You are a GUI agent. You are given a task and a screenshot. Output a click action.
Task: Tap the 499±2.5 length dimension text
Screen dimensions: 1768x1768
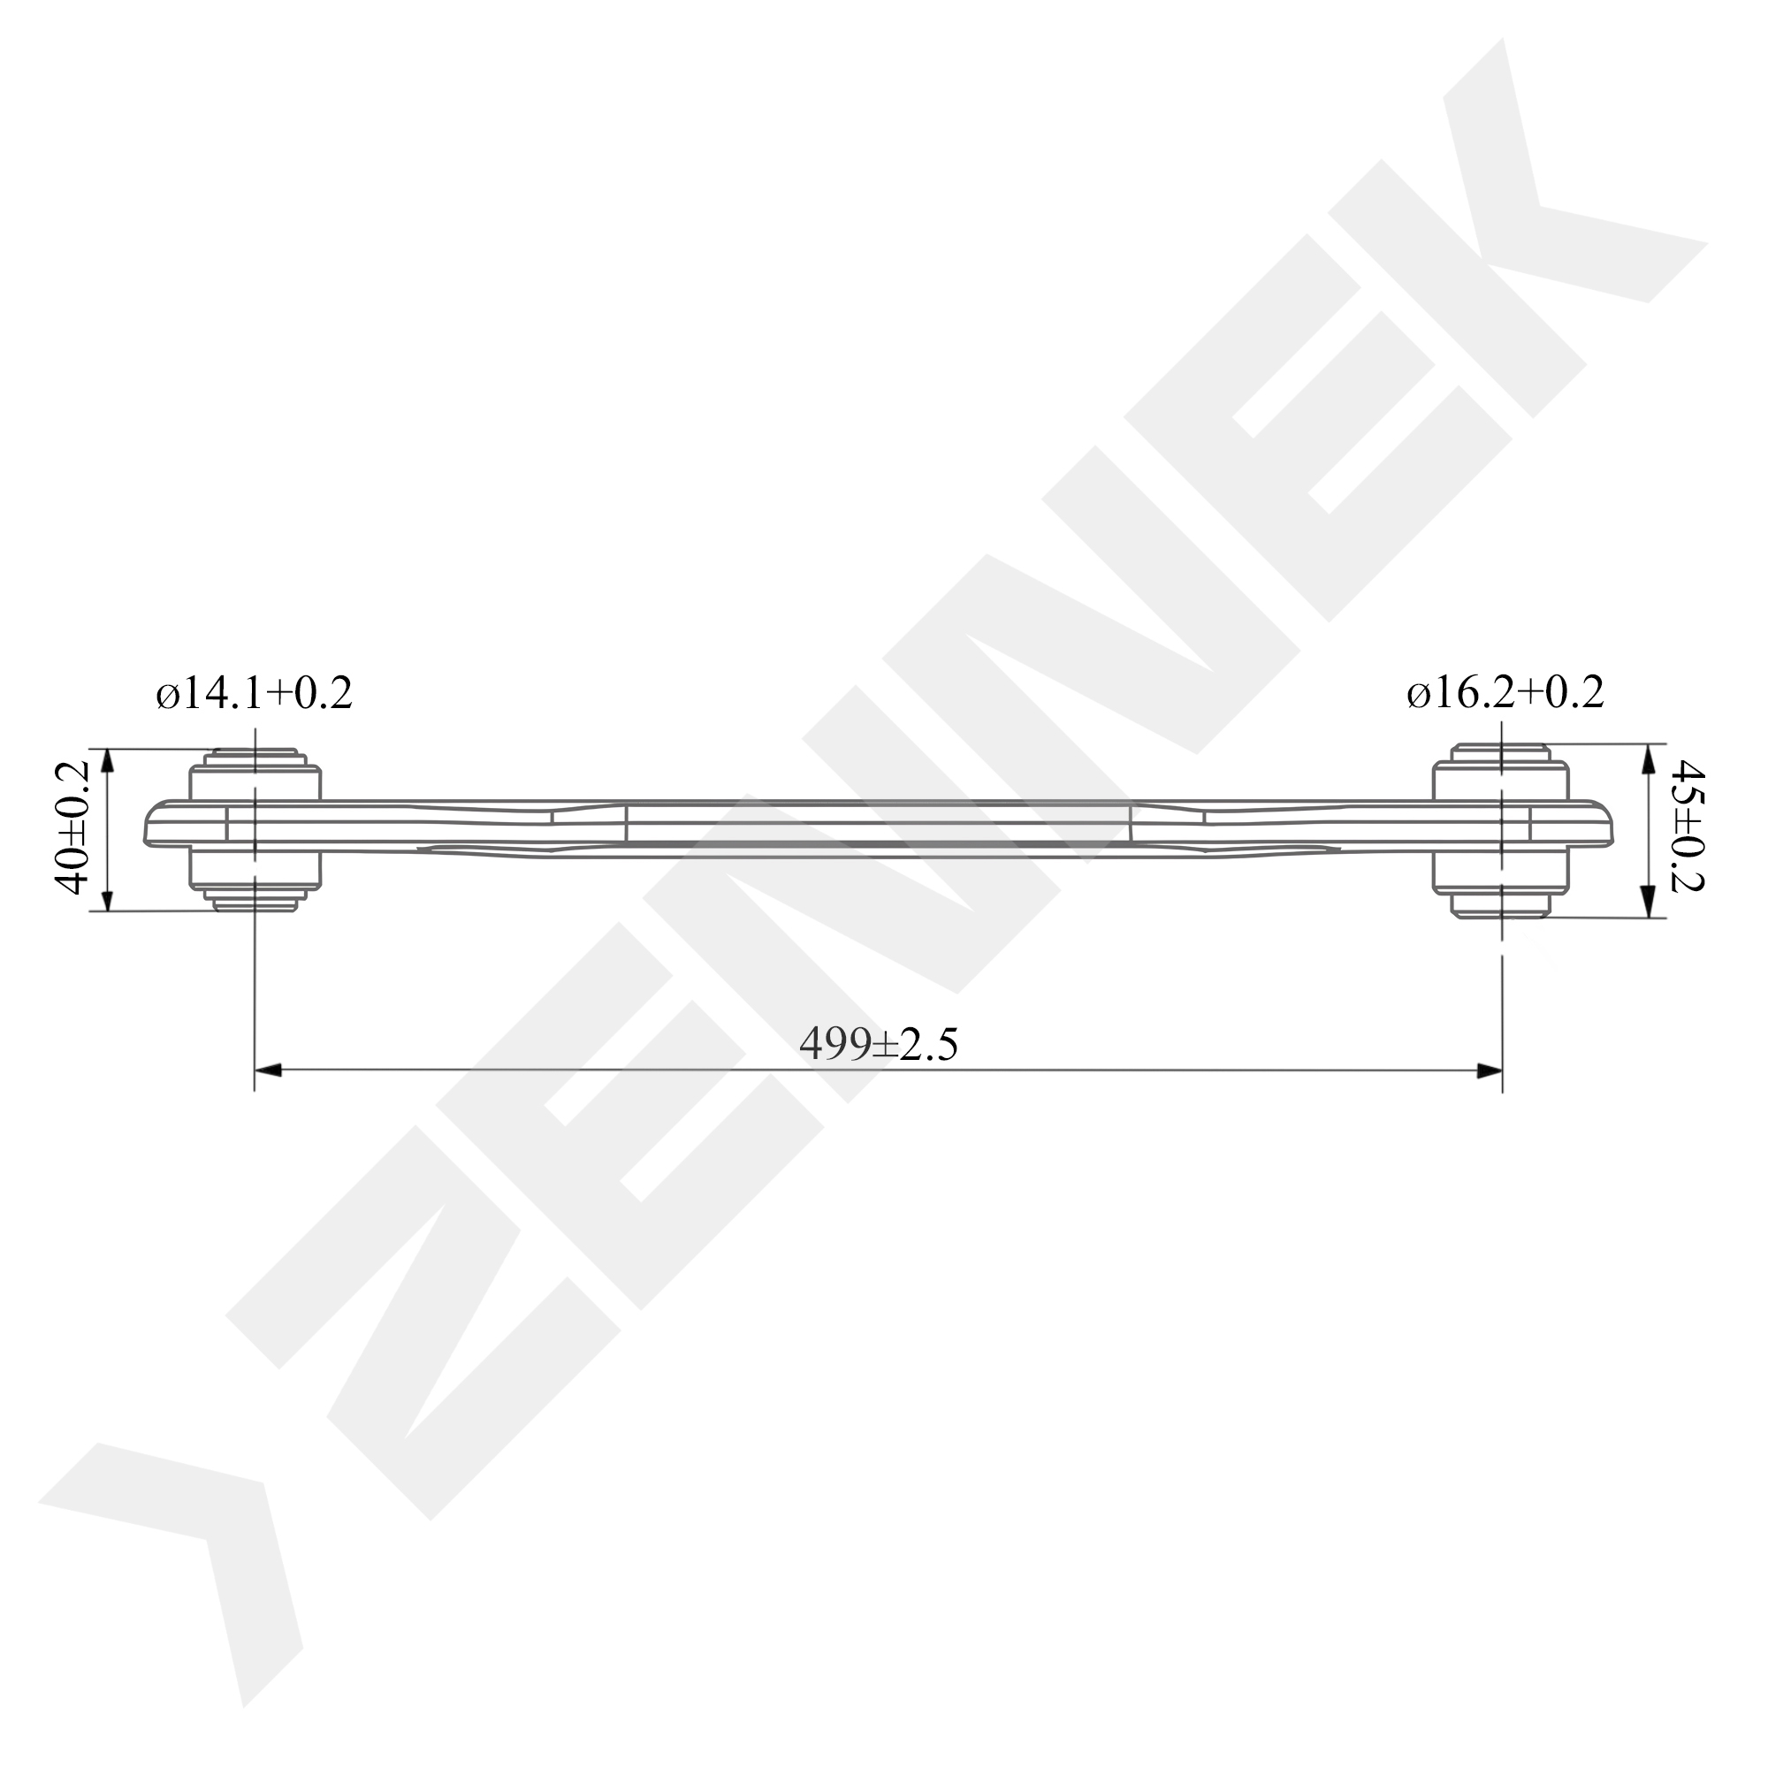[879, 1044]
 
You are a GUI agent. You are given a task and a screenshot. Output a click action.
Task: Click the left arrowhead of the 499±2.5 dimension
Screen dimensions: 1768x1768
[268, 1070]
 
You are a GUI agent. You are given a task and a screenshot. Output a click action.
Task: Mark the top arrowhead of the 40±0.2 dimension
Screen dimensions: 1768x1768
[107, 762]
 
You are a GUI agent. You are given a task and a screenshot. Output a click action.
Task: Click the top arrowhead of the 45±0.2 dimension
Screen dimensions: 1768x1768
[1648, 758]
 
